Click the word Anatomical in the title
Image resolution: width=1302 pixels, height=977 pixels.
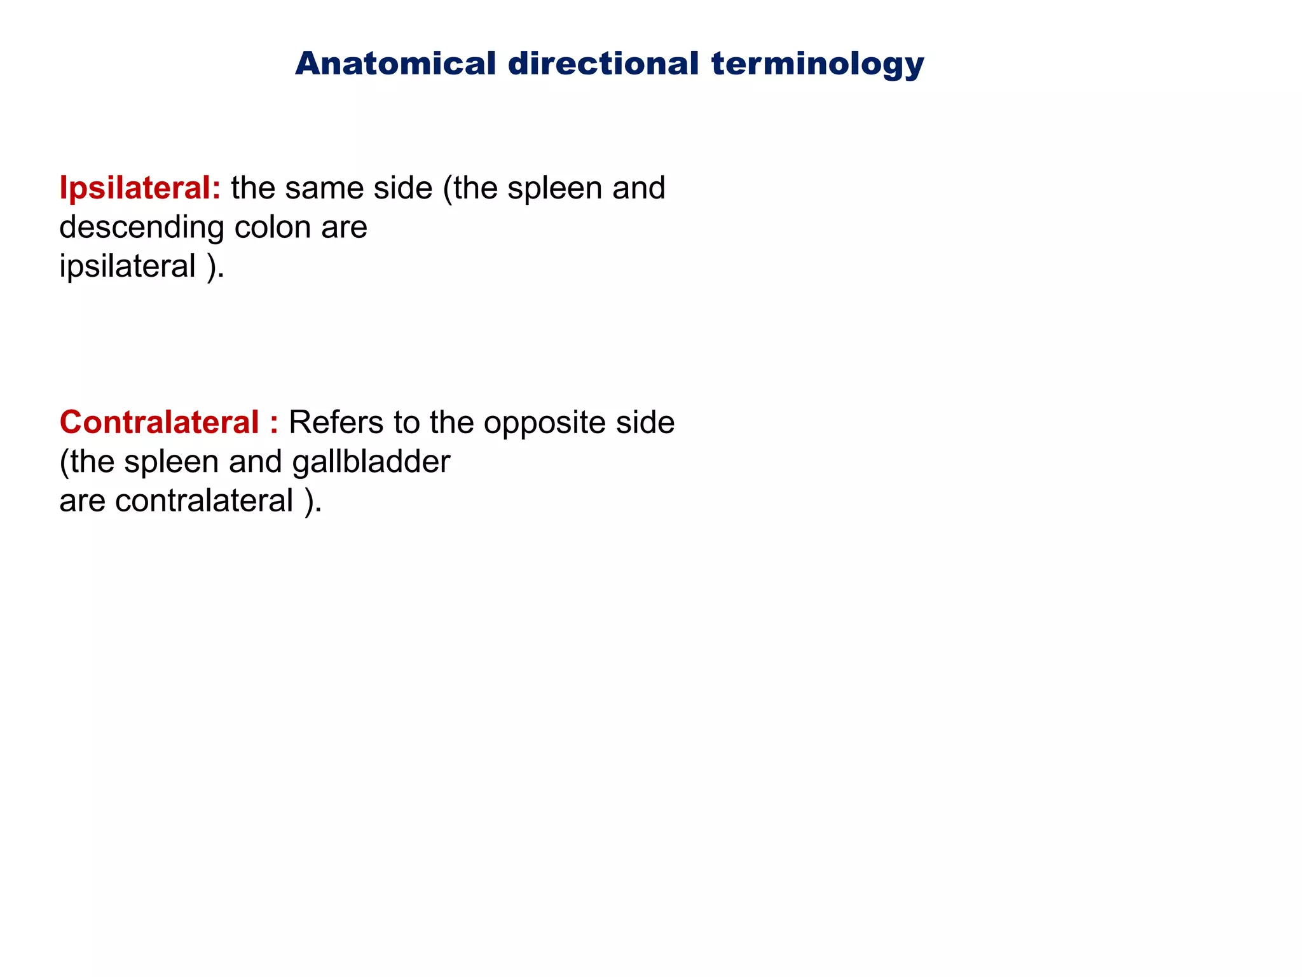click(395, 64)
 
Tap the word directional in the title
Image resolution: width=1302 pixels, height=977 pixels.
click(603, 64)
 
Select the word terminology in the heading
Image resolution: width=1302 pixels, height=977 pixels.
click(818, 65)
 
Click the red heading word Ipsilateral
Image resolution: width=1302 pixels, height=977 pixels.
click(139, 188)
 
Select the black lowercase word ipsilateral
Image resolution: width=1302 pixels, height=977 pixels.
click(127, 266)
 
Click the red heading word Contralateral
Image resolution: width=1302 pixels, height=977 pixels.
click(159, 422)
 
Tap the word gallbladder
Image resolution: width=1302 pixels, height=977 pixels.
click(371, 462)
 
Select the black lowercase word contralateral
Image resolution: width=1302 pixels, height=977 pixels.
click(204, 501)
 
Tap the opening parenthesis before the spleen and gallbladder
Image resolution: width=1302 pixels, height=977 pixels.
click(64, 462)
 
